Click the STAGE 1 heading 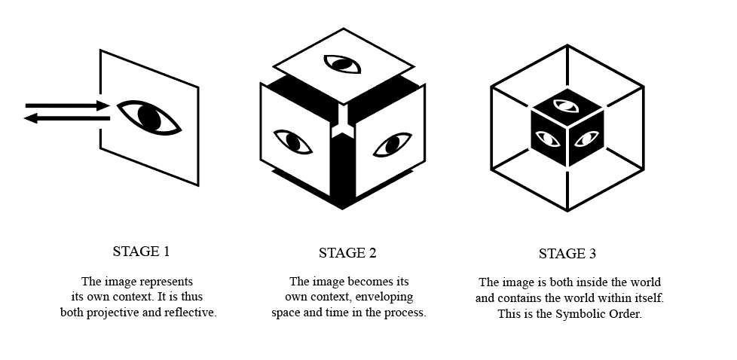141,252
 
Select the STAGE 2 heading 347,253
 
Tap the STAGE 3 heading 567,254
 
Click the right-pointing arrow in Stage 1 67,105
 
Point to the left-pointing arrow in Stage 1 67,118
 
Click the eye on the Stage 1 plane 149,118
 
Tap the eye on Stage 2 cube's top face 343,64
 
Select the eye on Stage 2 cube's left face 293,142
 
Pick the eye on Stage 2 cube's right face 393,145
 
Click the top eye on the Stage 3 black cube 566,105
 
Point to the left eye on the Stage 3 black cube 548,139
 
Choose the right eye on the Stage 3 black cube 586,139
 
